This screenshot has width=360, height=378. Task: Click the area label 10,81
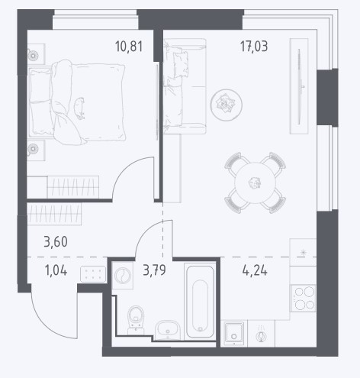pyautogui.click(x=129, y=47)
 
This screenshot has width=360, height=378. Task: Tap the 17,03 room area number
pyautogui.click(x=254, y=47)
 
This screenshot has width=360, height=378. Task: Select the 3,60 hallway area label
pyautogui.click(x=56, y=241)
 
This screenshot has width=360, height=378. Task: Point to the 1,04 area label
pyautogui.click(x=56, y=270)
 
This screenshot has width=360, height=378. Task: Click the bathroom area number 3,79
pyautogui.click(x=154, y=270)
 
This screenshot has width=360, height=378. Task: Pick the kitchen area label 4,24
pyautogui.click(x=255, y=270)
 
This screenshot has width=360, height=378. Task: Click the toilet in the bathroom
pyautogui.click(x=136, y=320)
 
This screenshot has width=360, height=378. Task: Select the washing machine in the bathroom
pyautogui.click(x=123, y=276)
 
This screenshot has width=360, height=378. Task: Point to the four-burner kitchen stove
pyautogui.click(x=303, y=298)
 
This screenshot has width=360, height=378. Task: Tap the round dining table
pyautogui.click(x=255, y=183)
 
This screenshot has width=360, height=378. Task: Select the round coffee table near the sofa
pyautogui.click(x=226, y=105)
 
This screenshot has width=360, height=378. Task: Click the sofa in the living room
pyautogui.click(x=185, y=86)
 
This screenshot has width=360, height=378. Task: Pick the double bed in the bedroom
pyautogui.click(x=77, y=102)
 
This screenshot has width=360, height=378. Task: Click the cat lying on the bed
pyautogui.click(x=79, y=108)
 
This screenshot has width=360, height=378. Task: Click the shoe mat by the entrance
pyautogui.click(x=93, y=274)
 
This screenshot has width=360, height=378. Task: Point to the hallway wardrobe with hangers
pyautogui.click(x=54, y=214)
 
